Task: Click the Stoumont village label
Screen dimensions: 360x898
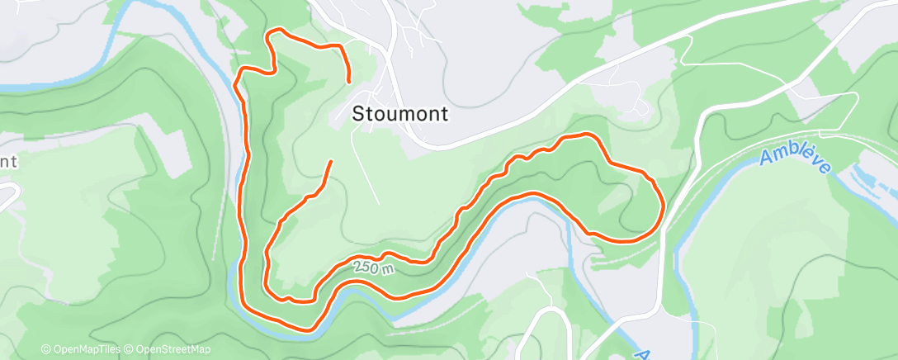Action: point(400,114)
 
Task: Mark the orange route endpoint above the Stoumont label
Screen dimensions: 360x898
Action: point(350,82)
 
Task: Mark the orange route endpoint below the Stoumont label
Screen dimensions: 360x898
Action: point(331,162)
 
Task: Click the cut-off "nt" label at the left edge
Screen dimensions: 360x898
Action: point(8,161)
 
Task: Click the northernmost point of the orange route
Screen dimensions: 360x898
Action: point(276,31)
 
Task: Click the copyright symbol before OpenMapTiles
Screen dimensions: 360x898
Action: point(46,349)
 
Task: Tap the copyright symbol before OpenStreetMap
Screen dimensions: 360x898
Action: point(129,349)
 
